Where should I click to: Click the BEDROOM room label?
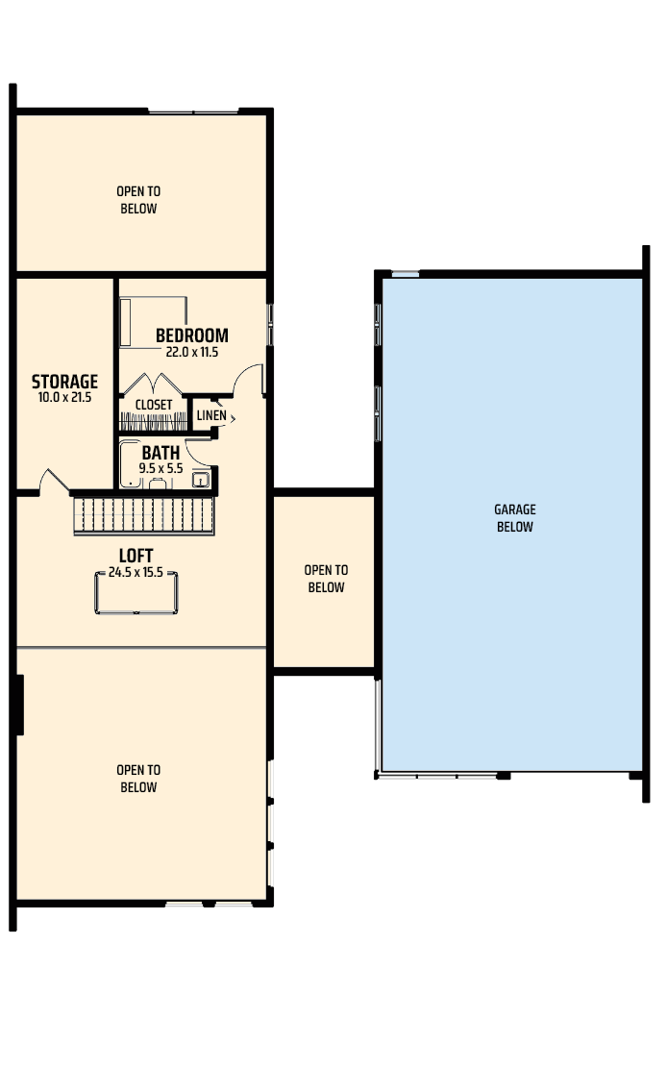(191, 335)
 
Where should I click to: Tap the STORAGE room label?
(64, 382)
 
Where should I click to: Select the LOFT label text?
(136, 556)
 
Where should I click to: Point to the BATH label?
(161, 452)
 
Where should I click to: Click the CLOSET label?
(153, 405)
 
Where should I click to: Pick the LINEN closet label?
(211, 415)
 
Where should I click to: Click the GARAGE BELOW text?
(515, 517)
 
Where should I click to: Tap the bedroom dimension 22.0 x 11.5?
(192, 352)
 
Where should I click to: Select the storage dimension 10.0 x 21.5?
(64, 398)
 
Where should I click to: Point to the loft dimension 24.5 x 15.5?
(136, 573)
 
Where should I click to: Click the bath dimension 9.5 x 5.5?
(161, 468)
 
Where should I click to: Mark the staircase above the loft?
(144, 516)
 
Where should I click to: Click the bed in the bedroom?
(153, 322)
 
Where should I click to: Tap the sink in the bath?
(200, 479)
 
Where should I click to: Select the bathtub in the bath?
(130, 464)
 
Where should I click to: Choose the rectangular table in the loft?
(136, 592)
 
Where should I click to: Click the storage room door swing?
(54, 481)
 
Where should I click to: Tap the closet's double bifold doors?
(153, 384)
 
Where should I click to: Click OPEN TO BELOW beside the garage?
(327, 579)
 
